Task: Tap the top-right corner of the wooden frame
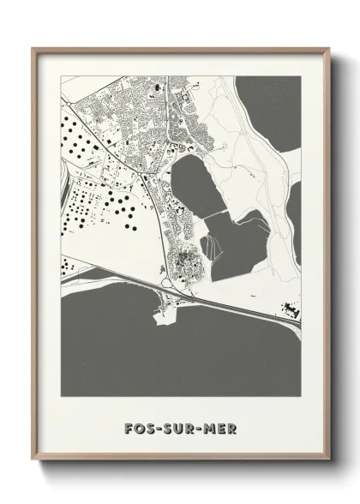pos(329,48)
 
